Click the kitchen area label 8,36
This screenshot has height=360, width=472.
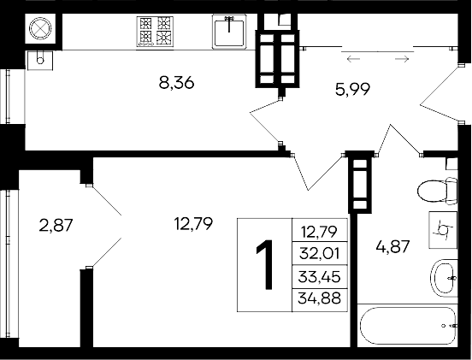(177, 83)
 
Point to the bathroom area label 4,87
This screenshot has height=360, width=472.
(394, 248)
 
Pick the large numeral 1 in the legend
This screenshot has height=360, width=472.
(266, 265)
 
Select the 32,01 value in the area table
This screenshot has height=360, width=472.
(319, 253)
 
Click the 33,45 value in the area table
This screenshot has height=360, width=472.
(319, 276)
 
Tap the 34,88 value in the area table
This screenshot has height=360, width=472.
(319, 298)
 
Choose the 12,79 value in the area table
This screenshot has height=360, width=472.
(319, 231)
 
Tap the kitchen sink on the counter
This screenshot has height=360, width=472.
(229, 32)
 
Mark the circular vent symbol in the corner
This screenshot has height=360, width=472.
(42, 30)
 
